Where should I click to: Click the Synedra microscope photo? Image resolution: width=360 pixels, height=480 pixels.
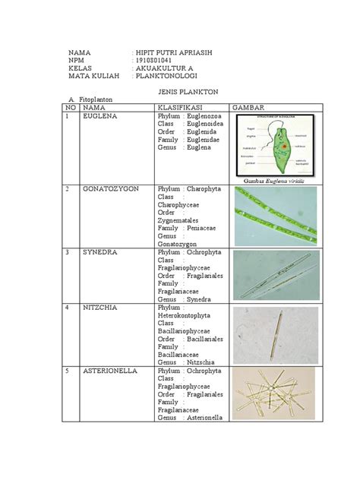[274, 275]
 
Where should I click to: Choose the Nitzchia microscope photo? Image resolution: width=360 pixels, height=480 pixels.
[274, 334]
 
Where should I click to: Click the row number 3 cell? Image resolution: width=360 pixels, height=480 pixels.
[68, 251]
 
